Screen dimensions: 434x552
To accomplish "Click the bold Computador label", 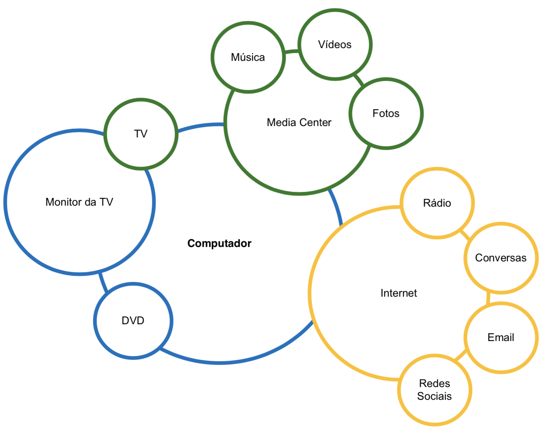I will pyautogui.click(x=219, y=243).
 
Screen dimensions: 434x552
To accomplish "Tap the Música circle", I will pyautogui.click(x=248, y=57).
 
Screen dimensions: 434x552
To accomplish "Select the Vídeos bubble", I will pyautogui.click(x=335, y=44).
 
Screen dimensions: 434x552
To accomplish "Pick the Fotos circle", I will pyautogui.click(x=386, y=113).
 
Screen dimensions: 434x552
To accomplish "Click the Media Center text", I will pyautogui.click(x=299, y=122).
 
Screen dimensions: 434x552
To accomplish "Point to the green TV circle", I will pyautogui.click(x=141, y=134).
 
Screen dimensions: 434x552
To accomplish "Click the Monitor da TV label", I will pyautogui.click(x=79, y=202).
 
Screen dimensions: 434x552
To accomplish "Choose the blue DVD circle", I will pyautogui.click(x=133, y=320).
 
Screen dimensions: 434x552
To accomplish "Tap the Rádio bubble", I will pyautogui.click(x=437, y=203).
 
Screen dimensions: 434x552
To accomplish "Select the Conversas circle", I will pyautogui.click(x=501, y=258).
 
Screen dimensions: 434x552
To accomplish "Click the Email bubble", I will pyautogui.click(x=501, y=337).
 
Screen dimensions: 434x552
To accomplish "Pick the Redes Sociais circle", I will pyautogui.click(x=435, y=390).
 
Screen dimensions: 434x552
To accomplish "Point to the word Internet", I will pyautogui.click(x=398, y=293).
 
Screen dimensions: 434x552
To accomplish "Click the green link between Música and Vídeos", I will pyautogui.click(x=291, y=51).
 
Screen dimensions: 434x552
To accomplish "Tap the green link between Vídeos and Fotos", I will pyautogui.click(x=358, y=80).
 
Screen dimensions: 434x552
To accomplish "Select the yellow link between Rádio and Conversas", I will pyautogui.click(x=465, y=234).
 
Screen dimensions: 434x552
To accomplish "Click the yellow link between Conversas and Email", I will pyautogui.click(x=488, y=297).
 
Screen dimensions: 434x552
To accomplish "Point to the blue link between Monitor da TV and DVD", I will pyautogui.click(x=103, y=282).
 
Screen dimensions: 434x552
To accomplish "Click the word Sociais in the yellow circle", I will pyautogui.click(x=434, y=396).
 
